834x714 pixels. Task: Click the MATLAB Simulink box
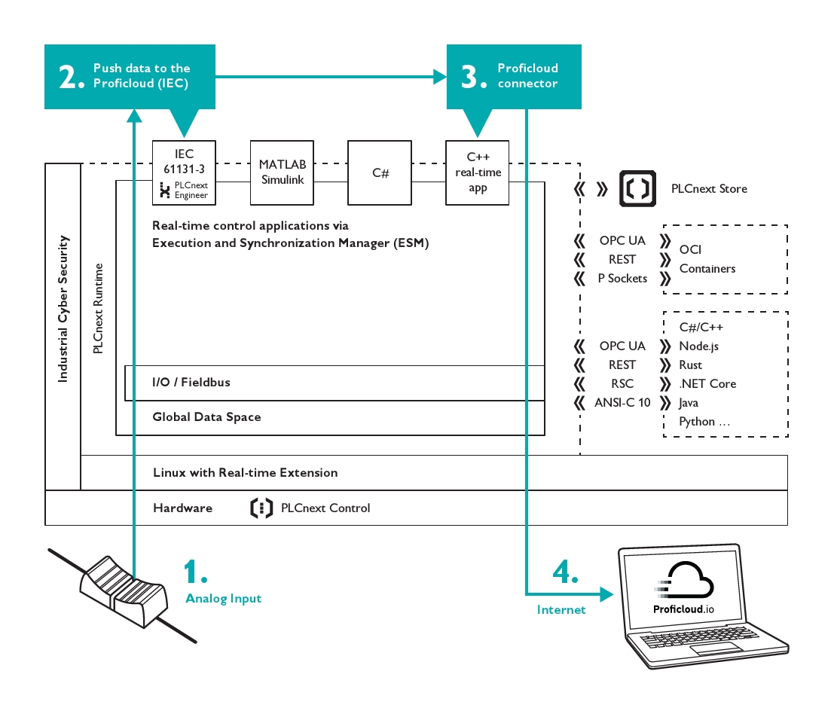[x=282, y=172]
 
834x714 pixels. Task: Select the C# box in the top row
[x=380, y=172]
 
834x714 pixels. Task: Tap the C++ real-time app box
[x=478, y=172]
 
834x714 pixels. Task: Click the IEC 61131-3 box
[x=184, y=172]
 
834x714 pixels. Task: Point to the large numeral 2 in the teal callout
[x=71, y=77]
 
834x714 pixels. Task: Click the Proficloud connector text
[x=527, y=75]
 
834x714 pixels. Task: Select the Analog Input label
[x=223, y=599]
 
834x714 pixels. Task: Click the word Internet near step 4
[x=561, y=610]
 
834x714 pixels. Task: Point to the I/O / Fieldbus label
[x=191, y=383]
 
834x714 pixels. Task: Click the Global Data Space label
[x=206, y=416]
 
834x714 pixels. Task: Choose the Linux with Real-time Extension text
[x=245, y=473]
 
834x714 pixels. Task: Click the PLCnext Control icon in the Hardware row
[x=261, y=508]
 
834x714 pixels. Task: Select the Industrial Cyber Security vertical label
[x=63, y=309]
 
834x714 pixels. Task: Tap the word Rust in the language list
[x=690, y=365]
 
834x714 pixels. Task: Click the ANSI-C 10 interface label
[x=622, y=402]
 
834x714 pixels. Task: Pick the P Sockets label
[x=622, y=278]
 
